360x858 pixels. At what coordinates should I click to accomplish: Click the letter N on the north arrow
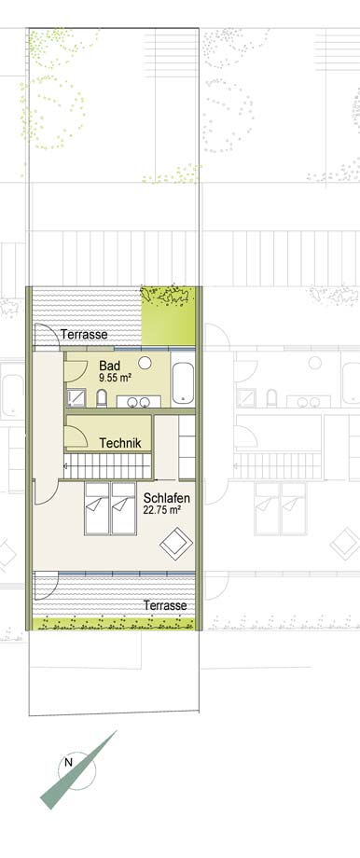point(68,762)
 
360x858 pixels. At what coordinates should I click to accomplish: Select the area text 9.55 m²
point(113,377)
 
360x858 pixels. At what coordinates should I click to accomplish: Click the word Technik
point(120,443)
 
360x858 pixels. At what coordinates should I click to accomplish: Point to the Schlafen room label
point(167,499)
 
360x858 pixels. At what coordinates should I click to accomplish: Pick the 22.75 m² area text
point(162,510)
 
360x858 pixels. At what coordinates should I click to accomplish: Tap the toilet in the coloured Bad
point(102,398)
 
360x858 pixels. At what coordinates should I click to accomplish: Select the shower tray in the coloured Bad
point(76,398)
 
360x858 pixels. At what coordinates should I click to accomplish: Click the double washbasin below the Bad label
point(139,402)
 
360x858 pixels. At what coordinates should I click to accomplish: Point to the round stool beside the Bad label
point(145,363)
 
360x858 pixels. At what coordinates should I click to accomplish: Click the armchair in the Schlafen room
point(176,543)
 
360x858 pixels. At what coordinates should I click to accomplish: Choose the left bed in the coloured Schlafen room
point(97,508)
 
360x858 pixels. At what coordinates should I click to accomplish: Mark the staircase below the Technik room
point(107,466)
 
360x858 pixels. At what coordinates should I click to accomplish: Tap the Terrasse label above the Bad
point(84,334)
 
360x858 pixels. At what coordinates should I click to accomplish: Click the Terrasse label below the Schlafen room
point(165,606)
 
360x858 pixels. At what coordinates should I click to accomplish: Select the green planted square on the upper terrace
point(169,316)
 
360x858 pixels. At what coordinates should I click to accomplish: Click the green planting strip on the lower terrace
point(114,623)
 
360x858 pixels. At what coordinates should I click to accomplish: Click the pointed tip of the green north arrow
point(117,730)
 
